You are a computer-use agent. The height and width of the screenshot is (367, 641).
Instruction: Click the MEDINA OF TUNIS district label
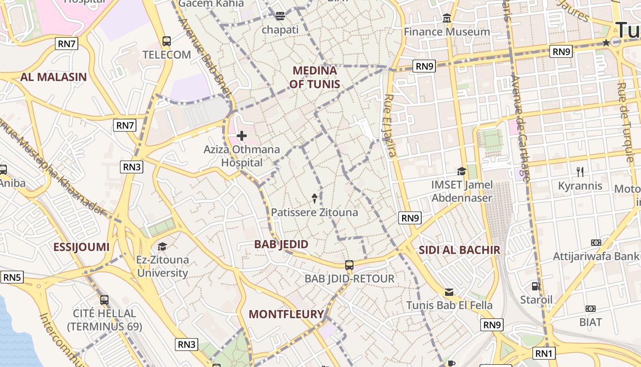315,77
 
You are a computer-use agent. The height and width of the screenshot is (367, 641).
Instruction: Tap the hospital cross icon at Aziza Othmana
242,136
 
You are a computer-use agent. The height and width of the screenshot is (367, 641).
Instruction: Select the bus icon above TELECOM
167,41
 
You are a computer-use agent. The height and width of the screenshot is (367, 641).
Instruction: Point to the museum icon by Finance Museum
447,18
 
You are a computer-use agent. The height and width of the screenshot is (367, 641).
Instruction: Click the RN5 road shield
12,277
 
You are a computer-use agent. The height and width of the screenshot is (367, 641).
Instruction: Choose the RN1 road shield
543,353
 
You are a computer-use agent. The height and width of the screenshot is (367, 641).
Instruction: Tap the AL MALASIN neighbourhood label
53,77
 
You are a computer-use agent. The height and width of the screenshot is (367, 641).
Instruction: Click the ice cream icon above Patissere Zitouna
315,198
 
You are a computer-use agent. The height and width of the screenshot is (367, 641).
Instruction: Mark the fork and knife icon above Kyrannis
580,172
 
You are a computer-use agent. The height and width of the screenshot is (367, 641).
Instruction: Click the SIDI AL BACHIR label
459,250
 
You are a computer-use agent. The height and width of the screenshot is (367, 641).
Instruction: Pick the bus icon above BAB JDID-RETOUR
349,265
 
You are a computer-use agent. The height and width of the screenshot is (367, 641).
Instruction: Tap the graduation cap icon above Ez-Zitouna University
162,246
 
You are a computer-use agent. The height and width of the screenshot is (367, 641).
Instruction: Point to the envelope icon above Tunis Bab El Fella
449,292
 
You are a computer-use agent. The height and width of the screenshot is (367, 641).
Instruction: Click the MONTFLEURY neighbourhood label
286,314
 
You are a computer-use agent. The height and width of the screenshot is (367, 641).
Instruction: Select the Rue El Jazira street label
390,126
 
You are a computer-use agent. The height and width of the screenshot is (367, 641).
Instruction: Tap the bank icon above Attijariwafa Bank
596,242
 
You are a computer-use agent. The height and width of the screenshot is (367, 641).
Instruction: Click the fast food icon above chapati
280,16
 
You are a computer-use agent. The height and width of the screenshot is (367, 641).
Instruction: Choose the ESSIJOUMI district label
81,247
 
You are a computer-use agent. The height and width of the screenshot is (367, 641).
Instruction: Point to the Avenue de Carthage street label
521,128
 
